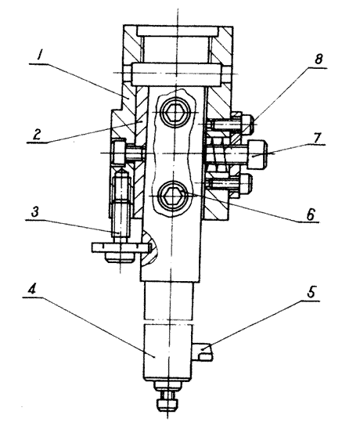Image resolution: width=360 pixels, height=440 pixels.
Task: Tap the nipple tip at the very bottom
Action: coord(166,406)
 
